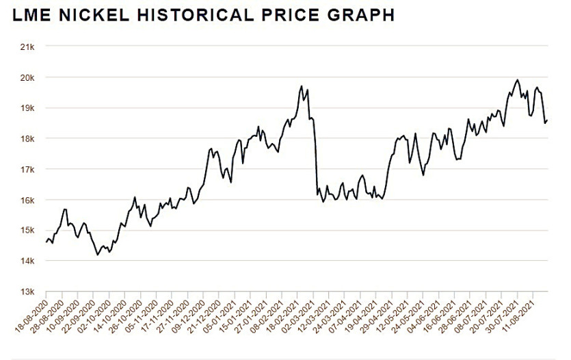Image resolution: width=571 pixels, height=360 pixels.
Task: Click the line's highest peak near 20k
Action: [517, 80]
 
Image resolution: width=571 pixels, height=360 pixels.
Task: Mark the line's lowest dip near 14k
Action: [98, 255]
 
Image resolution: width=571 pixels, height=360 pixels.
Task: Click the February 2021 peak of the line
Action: [302, 86]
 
